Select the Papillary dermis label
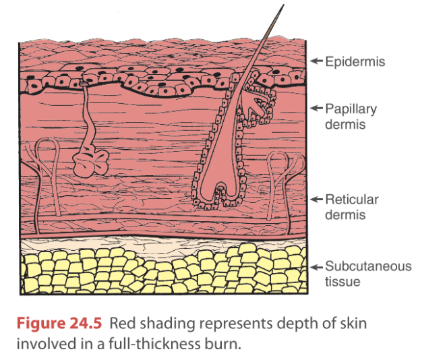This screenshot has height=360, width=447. (x=351, y=117)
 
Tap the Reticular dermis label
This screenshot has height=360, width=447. (x=351, y=207)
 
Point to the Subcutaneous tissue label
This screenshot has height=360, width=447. (x=367, y=274)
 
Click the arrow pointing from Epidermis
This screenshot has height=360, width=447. (x=316, y=62)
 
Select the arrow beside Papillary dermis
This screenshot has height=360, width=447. (x=316, y=109)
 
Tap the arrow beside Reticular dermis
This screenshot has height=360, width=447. (x=316, y=200)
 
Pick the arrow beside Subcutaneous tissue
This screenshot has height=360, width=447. (x=316, y=266)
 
